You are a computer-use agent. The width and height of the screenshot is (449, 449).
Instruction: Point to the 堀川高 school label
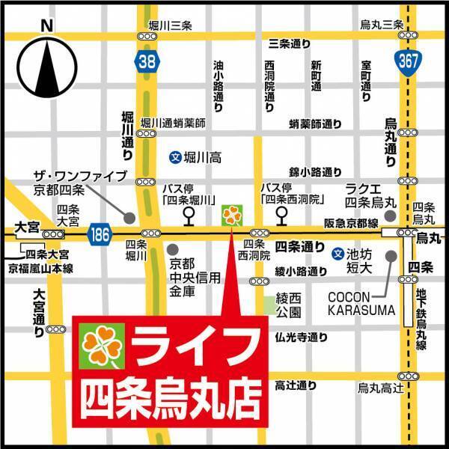(x=192, y=158)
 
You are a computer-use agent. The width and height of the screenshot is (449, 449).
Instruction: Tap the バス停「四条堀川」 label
(x=189, y=193)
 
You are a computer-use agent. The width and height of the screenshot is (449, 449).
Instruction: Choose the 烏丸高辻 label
(x=381, y=387)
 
